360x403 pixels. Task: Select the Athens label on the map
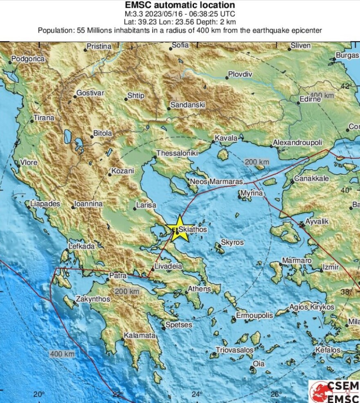click(199, 289)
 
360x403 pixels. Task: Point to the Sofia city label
click(180, 45)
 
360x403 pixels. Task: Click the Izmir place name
click(331, 267)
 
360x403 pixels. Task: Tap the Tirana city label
click(44, 118)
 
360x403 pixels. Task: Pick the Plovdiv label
click(240, 74)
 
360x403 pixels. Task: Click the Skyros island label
click(232, 243)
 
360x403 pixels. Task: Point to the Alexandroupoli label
click(298, 142)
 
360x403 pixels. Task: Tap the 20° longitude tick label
click(39, 394)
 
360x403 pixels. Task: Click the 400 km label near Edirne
click(322, 95)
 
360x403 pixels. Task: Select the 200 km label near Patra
click(127, 291)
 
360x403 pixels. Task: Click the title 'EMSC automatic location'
click(180, 5)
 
